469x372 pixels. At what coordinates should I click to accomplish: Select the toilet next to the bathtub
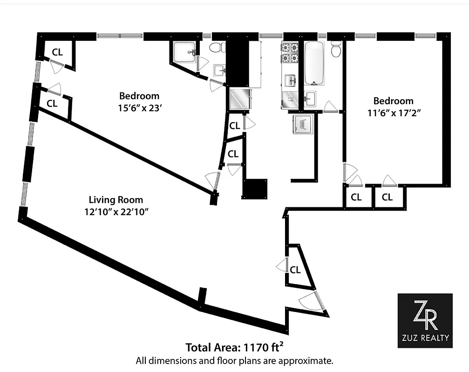[x=336, y=49]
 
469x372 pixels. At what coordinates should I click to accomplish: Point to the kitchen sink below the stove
[x=291, y=80]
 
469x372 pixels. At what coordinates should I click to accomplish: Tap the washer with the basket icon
[x=302, y=125]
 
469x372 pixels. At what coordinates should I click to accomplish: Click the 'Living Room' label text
[x=116, y=200]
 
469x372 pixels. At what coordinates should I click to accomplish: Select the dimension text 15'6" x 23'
[x=139, y=107]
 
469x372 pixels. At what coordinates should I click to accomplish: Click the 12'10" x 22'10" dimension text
[x=116, y=211]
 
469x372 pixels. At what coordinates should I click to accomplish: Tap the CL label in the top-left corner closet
[x=57, y=52]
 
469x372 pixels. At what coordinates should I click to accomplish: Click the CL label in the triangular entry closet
[x=295, y=270]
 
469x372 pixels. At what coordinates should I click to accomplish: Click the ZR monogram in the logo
[x=425, y=315]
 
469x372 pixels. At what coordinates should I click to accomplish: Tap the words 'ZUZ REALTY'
[x=425, y=339]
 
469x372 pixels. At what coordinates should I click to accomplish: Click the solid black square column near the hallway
[x=255, y=189]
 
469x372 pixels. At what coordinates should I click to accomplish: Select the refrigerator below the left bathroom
[x=241, y=99]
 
